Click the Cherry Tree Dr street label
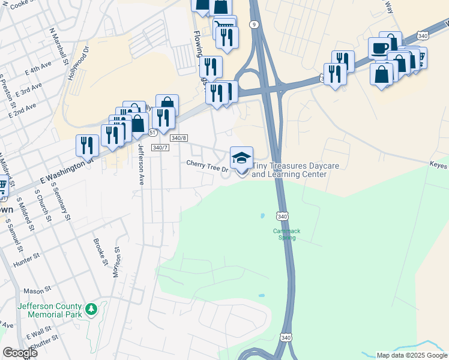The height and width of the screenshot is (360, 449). [207, 165]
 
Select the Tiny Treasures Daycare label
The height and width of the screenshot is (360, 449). [289, 170]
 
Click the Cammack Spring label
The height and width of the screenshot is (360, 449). [286, 234]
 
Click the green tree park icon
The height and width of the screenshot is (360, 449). [91, 310]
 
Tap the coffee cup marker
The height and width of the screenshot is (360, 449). [379, 48]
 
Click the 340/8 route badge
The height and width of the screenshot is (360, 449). [179, 137]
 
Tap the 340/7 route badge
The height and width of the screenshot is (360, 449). [159, 147]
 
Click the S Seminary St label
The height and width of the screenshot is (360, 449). [64, 205]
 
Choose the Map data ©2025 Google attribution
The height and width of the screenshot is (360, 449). [412, 355]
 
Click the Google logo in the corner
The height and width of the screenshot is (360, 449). [20, 353]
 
